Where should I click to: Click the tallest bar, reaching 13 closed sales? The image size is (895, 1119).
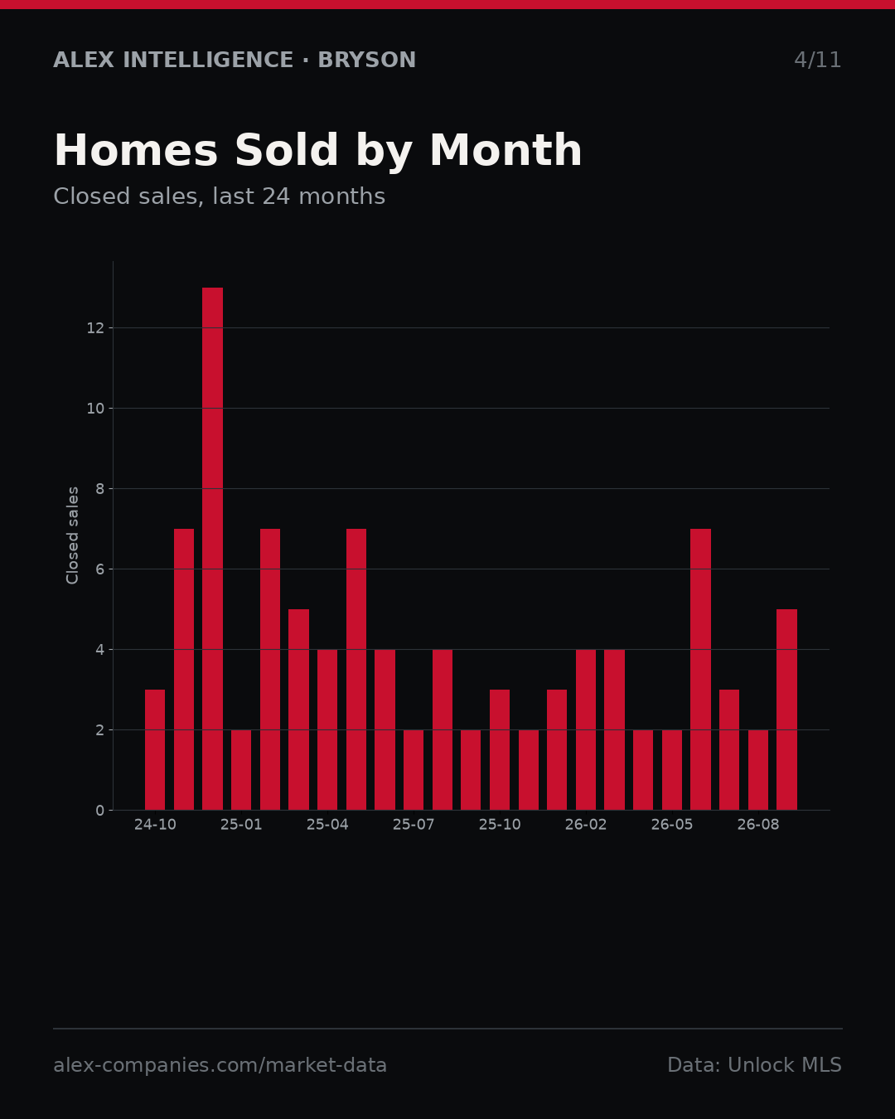(212, 549)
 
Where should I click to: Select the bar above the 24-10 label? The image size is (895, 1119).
(155, 750)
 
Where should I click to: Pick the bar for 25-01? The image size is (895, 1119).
(241, 770)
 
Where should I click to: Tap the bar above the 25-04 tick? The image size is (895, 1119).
(327, 729)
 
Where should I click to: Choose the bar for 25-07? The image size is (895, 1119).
(414, 770)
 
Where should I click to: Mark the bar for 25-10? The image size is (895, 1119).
(500, 750)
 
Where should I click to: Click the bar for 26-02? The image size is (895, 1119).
(586, 729)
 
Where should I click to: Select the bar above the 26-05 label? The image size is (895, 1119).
(672, 770)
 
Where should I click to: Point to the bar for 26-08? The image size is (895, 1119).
(758, 770)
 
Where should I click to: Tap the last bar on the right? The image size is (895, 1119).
(786, 710)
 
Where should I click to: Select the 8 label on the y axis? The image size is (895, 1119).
(99, 489)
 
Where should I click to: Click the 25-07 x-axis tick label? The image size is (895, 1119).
(414, 825)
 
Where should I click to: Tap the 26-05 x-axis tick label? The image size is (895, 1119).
(672, 825)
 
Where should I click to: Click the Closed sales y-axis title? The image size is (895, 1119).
(72, 535)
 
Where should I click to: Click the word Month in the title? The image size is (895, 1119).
(506, 150)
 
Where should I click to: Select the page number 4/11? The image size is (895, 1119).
(817, 60)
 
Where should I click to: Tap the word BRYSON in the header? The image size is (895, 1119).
(366, 60)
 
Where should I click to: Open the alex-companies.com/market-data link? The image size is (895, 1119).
(220, 1065)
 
